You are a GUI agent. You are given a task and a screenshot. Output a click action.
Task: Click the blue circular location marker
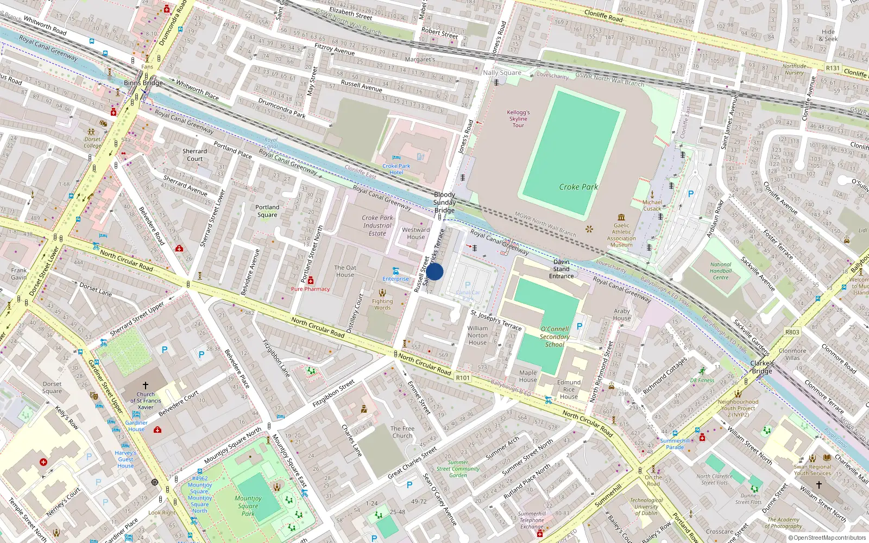pyautogui.click(x=434, y=271)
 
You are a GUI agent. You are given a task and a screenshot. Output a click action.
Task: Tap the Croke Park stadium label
pyautogui.click(x=578, y=187)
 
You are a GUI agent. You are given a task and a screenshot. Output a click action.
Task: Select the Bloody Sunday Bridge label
pyautogui.click(x=444, y=203)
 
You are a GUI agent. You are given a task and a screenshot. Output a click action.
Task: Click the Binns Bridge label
pyautogui.click(x=143, y=83)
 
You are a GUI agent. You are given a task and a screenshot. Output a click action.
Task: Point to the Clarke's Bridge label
pyautogui.click(x=761, y=367)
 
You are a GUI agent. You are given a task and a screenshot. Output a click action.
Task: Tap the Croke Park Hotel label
pyautogui.click(x=396, y=169)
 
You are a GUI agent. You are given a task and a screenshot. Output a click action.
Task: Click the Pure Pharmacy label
pyautogui.click(x=310, y=289)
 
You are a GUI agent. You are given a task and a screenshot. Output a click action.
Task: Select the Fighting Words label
pyautogui.click(x=382, y=304)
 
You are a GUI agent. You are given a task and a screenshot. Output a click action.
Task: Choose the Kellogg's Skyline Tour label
pyautogui.click(x=518, y=119)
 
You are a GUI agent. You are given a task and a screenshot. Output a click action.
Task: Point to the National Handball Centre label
pyautogui.click(x=721, y=271)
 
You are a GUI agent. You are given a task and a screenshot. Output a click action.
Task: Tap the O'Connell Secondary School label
pyautogui.click(x=555, y=337)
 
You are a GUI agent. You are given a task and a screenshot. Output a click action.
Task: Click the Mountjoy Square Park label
pyautogui.click(x=248, y=506)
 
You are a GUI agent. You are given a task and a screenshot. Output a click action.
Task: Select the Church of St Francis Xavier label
pyautogui.click(x=146, y=401)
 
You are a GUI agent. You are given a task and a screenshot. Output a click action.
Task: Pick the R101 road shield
pyautogui.click(x=463, y=378)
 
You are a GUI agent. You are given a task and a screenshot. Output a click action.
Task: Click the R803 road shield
pyautogui.click(x=792, y=332)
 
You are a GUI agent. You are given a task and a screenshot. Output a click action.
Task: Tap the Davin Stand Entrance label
pyautogui.click(x=561, y=269)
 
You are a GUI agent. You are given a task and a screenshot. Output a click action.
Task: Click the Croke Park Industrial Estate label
pyautogui.click(x=377, y=225)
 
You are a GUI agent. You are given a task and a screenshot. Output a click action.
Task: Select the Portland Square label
pyautogui.click(x=267, y=211)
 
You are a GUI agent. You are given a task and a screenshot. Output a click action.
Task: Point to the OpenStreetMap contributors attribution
pyautogui.click(x=827, y=538)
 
